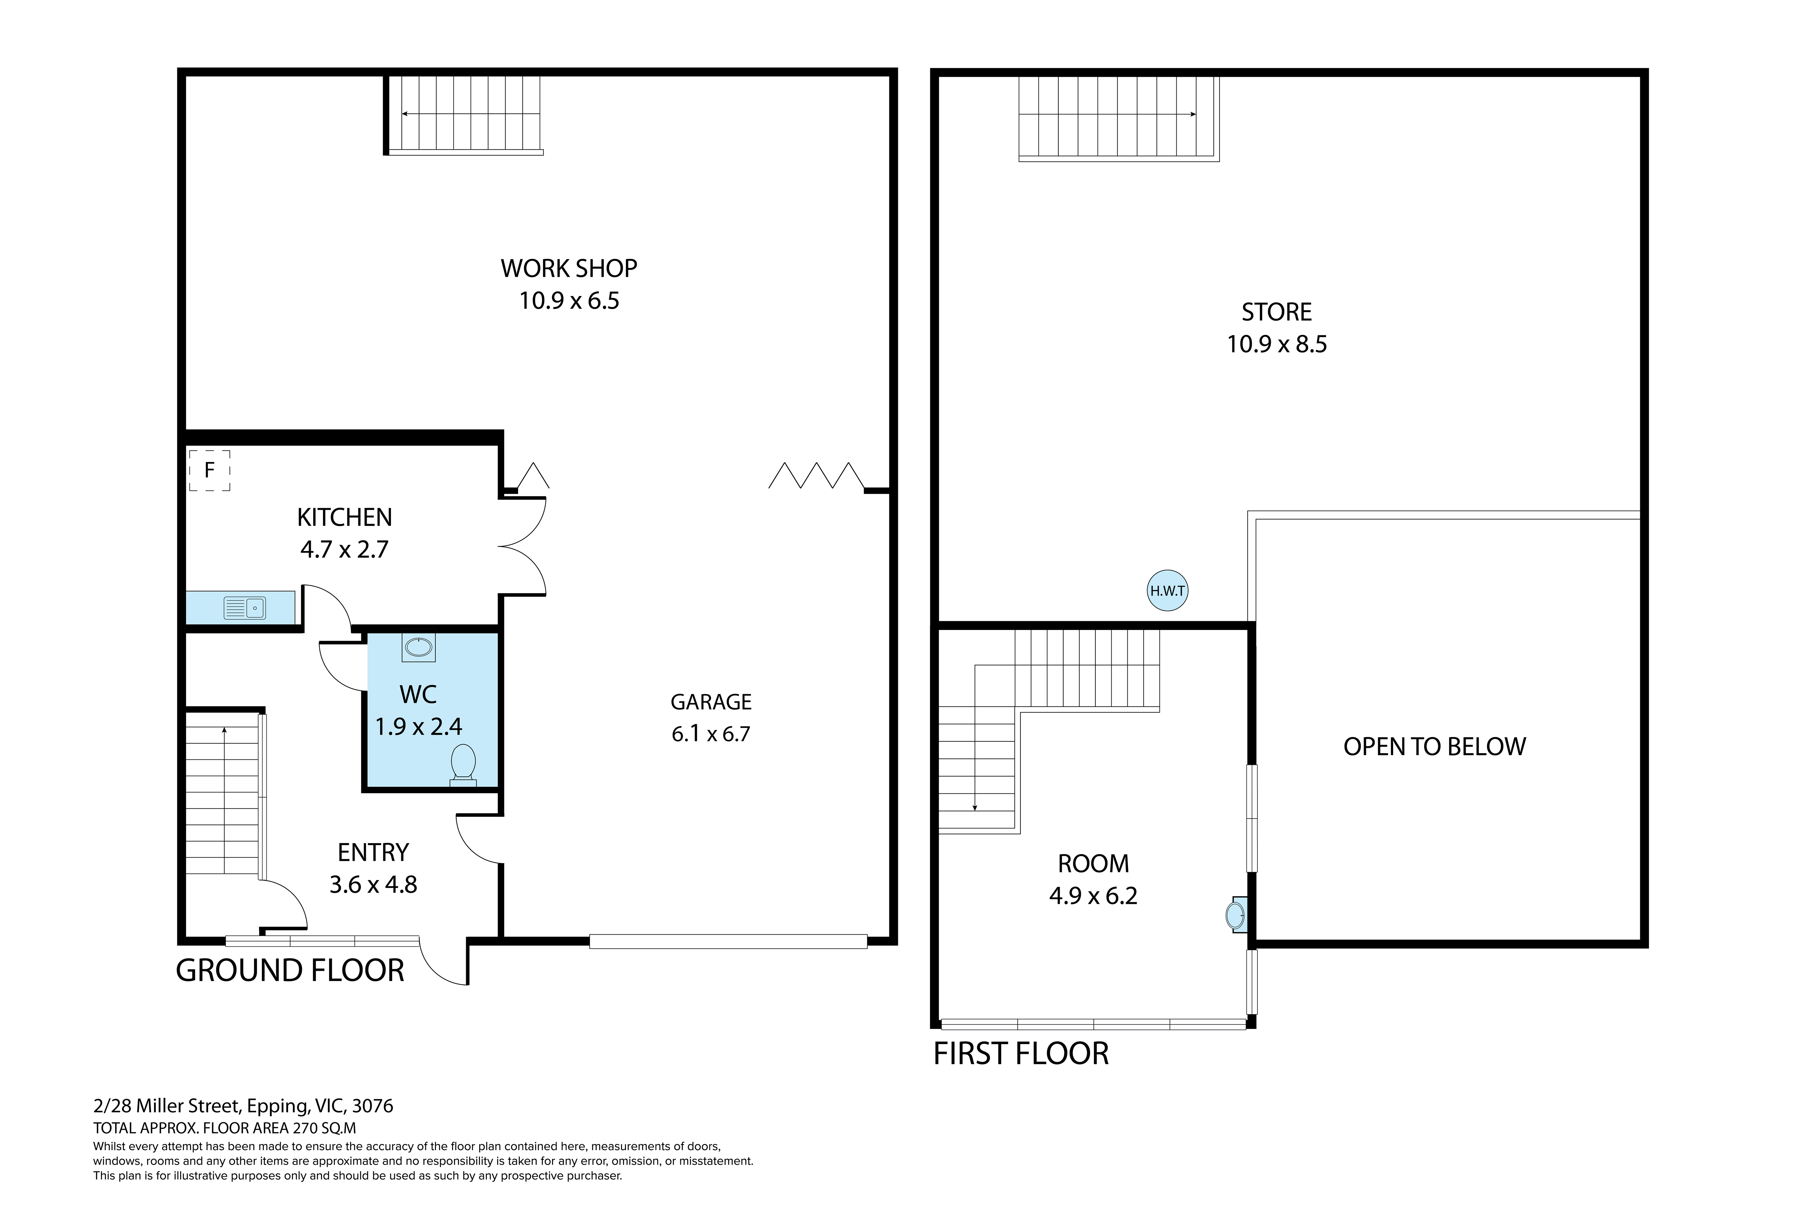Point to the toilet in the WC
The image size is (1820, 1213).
(463, 765)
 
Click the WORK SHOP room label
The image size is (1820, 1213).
(569, 268)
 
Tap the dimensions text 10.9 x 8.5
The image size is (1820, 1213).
(1277, 344)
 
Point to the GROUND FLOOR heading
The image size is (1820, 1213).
(290, 970)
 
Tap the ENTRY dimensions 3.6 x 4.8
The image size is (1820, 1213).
(373, 884)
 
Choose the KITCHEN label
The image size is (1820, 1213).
(344, 517)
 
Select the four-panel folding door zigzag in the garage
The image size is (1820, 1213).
(817, 476)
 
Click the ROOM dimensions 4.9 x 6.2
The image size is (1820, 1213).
(1093, 896)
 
